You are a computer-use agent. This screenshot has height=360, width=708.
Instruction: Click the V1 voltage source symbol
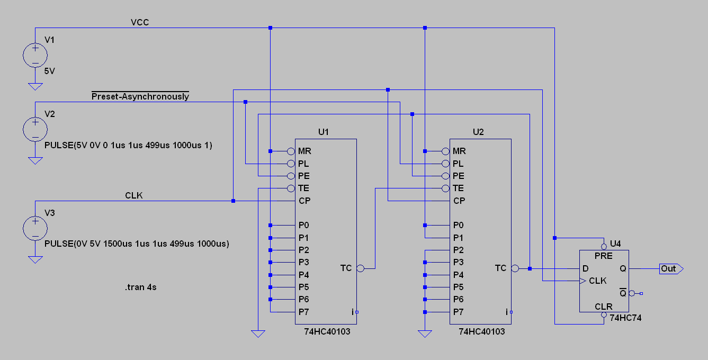35,55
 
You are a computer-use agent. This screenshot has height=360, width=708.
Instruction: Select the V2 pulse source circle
35,129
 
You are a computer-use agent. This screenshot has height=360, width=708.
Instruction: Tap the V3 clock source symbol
35,228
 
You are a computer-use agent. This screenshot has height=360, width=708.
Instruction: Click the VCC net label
140,22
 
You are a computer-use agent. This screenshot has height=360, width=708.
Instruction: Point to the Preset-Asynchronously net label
140,96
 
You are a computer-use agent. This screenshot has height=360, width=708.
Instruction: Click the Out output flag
671,268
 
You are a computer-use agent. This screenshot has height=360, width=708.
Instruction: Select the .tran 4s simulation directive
141,287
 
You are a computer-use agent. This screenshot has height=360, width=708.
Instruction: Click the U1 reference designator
324,132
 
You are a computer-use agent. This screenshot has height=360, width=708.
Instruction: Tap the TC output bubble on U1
360,268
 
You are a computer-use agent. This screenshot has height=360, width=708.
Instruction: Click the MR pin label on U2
459,151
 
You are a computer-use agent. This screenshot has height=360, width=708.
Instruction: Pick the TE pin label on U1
303,188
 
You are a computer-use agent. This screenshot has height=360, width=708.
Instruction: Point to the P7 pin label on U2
458,312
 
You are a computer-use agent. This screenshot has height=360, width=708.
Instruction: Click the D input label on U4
585,268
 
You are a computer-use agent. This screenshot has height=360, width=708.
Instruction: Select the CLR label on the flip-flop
603,307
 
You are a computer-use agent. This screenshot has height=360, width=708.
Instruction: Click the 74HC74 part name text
625,318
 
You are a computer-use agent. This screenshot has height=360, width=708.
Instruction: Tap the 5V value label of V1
50,71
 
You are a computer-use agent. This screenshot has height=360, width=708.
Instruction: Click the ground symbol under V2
35,161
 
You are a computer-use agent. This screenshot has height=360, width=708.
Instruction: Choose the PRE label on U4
603,256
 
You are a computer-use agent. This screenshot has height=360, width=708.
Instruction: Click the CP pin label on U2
459,201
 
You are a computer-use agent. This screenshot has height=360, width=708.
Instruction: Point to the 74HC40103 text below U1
327,331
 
